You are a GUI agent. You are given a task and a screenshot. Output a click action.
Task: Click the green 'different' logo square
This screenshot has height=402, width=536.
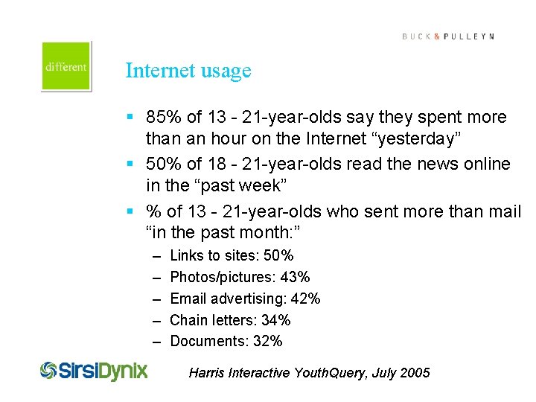(x=66, y=66)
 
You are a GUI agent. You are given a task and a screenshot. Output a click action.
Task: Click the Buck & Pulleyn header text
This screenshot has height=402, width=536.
(x=448, y=36)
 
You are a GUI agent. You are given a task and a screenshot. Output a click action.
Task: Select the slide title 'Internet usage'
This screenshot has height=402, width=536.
(x=188, y=71)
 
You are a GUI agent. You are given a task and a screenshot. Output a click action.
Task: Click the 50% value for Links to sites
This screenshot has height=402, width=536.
(x=278, y=256)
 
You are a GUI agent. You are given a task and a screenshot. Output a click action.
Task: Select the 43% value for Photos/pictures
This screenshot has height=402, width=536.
(x=295, y=278)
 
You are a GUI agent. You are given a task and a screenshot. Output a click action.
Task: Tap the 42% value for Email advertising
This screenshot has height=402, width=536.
(x=304, y=299)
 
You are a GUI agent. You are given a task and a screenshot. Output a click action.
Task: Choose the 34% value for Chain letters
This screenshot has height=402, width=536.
(x=275, y=321)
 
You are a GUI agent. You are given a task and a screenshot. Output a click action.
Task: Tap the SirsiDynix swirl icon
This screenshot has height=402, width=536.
(x=49, y=370)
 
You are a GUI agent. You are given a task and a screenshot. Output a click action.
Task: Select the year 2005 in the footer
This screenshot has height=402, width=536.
(x=414, y=373)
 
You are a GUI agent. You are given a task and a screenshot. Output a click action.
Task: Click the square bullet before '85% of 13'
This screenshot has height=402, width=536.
(x=130, y=118)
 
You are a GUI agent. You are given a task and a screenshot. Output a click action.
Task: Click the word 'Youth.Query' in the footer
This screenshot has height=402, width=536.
(x=328, y=373)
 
